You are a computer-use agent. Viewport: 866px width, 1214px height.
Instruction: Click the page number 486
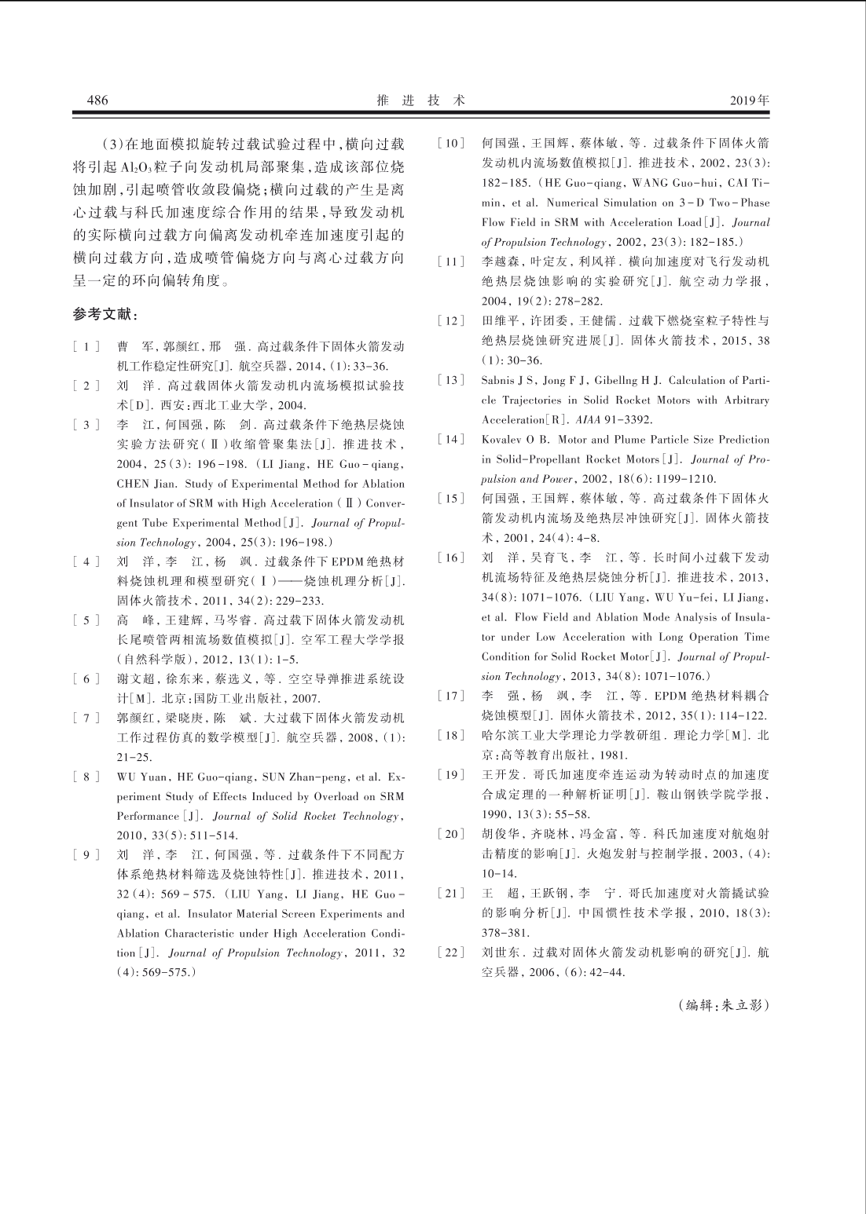97,101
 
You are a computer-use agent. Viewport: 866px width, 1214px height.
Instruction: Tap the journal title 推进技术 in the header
421,101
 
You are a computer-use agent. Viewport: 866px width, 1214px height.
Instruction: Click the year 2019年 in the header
749,101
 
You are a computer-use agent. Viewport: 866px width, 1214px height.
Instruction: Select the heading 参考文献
105,315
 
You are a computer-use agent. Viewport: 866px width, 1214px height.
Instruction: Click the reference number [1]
86,346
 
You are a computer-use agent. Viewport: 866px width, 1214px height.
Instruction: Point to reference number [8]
86,777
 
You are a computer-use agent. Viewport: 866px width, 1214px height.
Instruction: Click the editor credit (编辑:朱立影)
723,1005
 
